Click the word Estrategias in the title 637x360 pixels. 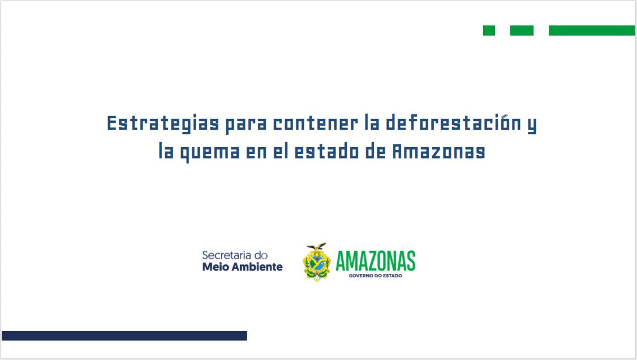point(163,123)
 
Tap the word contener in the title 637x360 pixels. point(316,123)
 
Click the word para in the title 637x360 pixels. point(246,125)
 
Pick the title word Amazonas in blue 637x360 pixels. point(439,152)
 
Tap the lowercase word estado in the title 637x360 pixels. point(326,151)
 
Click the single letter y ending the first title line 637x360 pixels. point(532,125)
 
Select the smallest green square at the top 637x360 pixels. point(489,31)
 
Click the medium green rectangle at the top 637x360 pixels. point(522,31)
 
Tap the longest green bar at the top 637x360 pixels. point(592,31)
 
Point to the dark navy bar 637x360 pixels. point(124,336)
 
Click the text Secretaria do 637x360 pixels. point(235,255)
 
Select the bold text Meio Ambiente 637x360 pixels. point(243,267)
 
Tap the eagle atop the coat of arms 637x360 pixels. point(316,247)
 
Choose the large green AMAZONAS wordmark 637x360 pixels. point(376,261)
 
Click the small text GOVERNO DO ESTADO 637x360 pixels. point(376,276)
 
